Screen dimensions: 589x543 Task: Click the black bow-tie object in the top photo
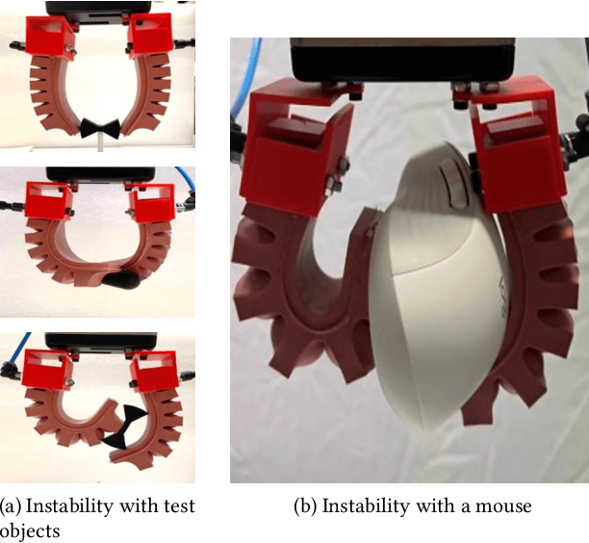100,127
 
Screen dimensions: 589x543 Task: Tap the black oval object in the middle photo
121,281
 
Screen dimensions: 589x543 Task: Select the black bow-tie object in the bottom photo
124,427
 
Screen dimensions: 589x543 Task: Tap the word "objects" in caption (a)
30,531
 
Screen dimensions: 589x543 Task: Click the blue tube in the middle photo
185,178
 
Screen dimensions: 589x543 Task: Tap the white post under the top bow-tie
99,142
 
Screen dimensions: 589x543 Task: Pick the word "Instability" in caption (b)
365,506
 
